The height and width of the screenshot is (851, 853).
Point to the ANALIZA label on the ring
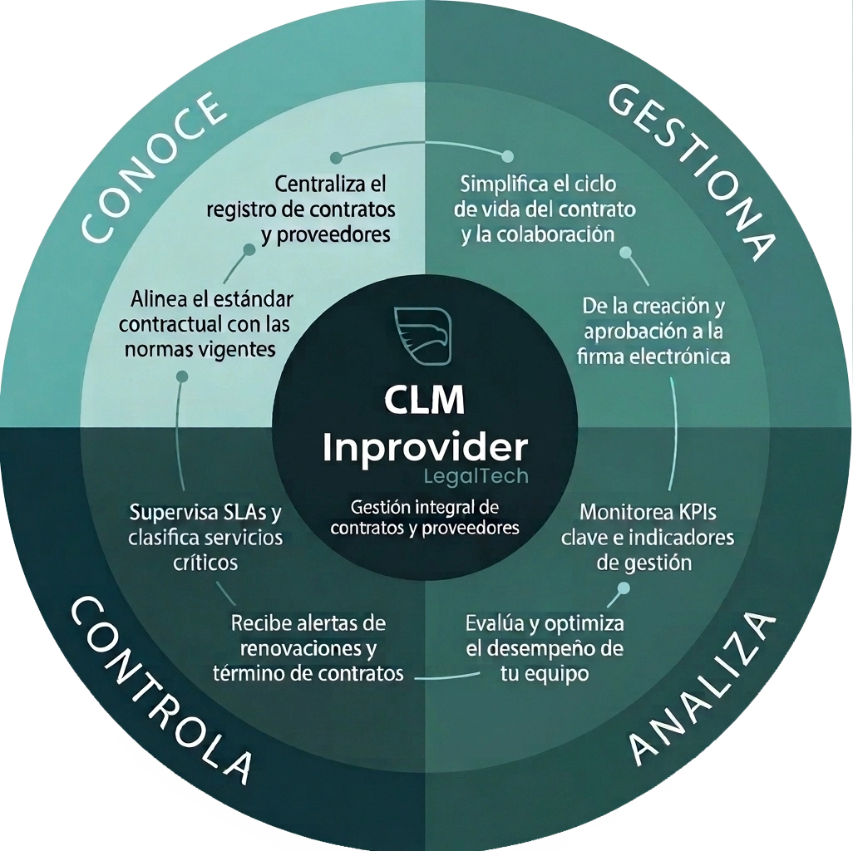(x=703, y=689)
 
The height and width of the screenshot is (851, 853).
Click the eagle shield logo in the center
(x=424, y=336)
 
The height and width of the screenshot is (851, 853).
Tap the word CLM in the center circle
(x=424, y=401)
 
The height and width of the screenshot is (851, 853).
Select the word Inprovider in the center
(x=424, y=448)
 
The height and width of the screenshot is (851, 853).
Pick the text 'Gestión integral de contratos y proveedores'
(x=424, y=516)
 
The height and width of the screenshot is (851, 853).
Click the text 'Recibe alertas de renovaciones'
(x=308, y=647)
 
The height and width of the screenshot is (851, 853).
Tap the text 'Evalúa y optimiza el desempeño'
(x=545, y=647)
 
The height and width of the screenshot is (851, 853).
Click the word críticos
(x=206, y=562)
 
